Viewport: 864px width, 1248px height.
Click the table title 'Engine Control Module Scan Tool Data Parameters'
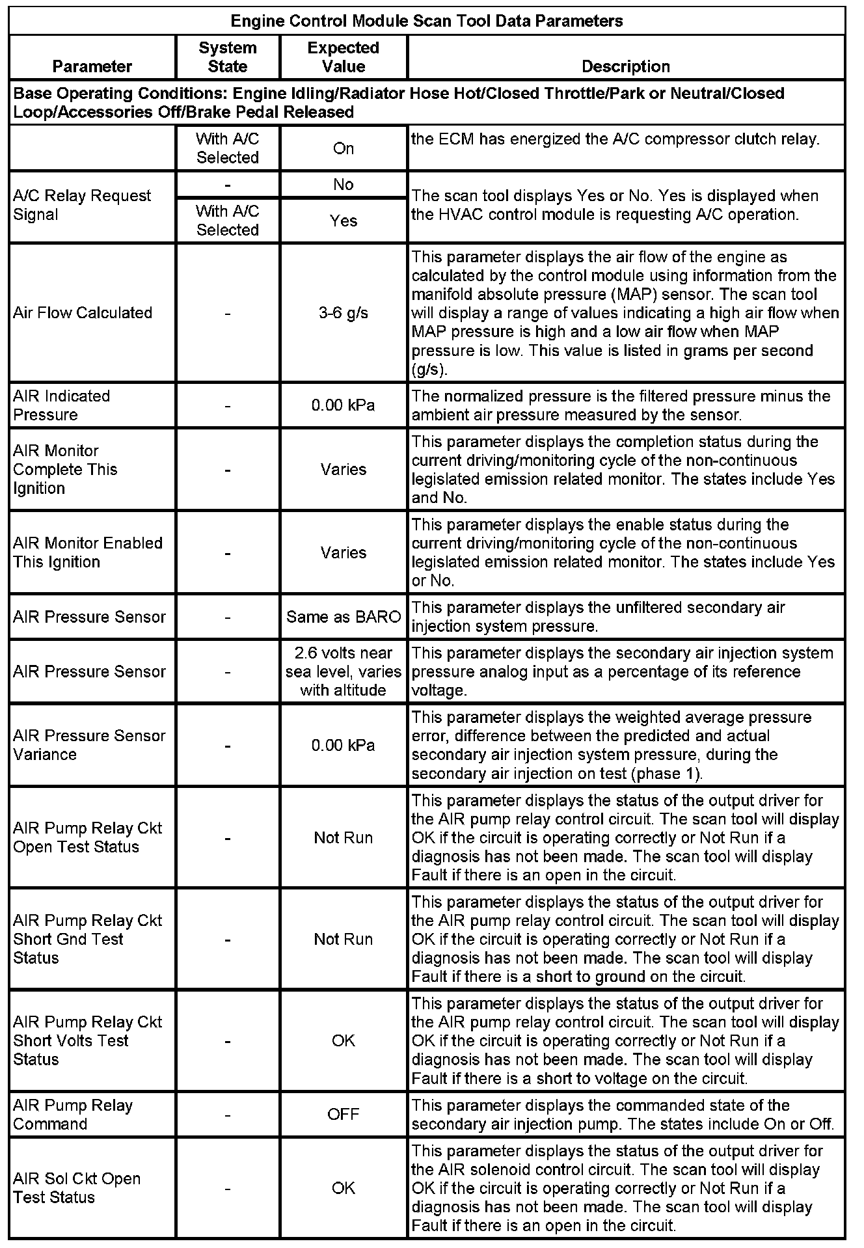[427, 21]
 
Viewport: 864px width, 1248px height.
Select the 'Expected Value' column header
[343, 57]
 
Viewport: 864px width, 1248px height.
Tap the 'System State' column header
[227, 57]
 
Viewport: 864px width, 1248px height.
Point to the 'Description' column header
[625, 66]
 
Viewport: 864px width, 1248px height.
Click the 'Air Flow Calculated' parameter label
[83, 313]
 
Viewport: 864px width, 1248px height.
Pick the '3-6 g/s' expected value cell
[343, 313]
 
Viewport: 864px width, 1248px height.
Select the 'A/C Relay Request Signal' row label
[82, 205]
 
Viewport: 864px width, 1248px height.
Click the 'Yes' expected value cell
[343, 221]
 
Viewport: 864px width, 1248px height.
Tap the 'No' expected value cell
[343, 185]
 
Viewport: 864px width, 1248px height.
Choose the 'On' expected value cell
[343, 148]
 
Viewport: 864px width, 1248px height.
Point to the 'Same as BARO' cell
[343, 617]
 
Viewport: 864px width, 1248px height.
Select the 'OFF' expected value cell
[343, 1115]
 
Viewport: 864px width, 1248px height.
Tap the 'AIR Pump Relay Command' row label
[73, 1115]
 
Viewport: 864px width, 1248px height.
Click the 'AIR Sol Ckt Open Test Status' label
[77, 1188]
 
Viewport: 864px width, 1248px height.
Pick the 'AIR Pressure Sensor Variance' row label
[89, 745]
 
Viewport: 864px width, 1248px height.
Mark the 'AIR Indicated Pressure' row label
[62, 405]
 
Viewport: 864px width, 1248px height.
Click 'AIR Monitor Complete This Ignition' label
[65, 469]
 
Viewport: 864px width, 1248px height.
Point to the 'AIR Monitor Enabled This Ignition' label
[88, 552]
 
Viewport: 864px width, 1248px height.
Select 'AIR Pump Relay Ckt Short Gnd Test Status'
[88, 939]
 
